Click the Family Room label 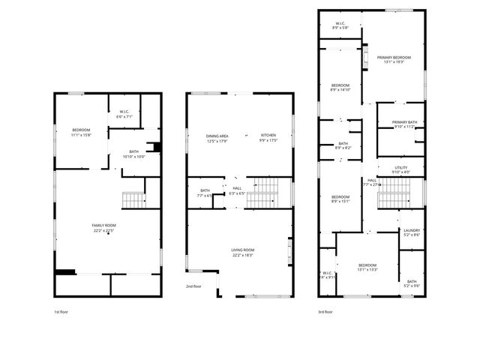point(103,225)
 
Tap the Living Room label point(242,250)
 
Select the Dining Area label point(217,136)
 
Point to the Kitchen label point(268,136)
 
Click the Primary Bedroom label point(394,58)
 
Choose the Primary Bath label point(404,122)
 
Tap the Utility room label point(401,169)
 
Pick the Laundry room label point(412,230)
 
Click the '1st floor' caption point(61,311)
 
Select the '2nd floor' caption point(193,286)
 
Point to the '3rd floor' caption point(325,311)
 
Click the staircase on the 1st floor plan point(133,200)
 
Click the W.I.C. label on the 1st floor point(124,112)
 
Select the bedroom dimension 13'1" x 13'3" point(367,269)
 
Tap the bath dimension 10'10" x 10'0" point(134,156)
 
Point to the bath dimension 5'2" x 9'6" point(412,286)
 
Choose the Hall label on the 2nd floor point(237,187)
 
